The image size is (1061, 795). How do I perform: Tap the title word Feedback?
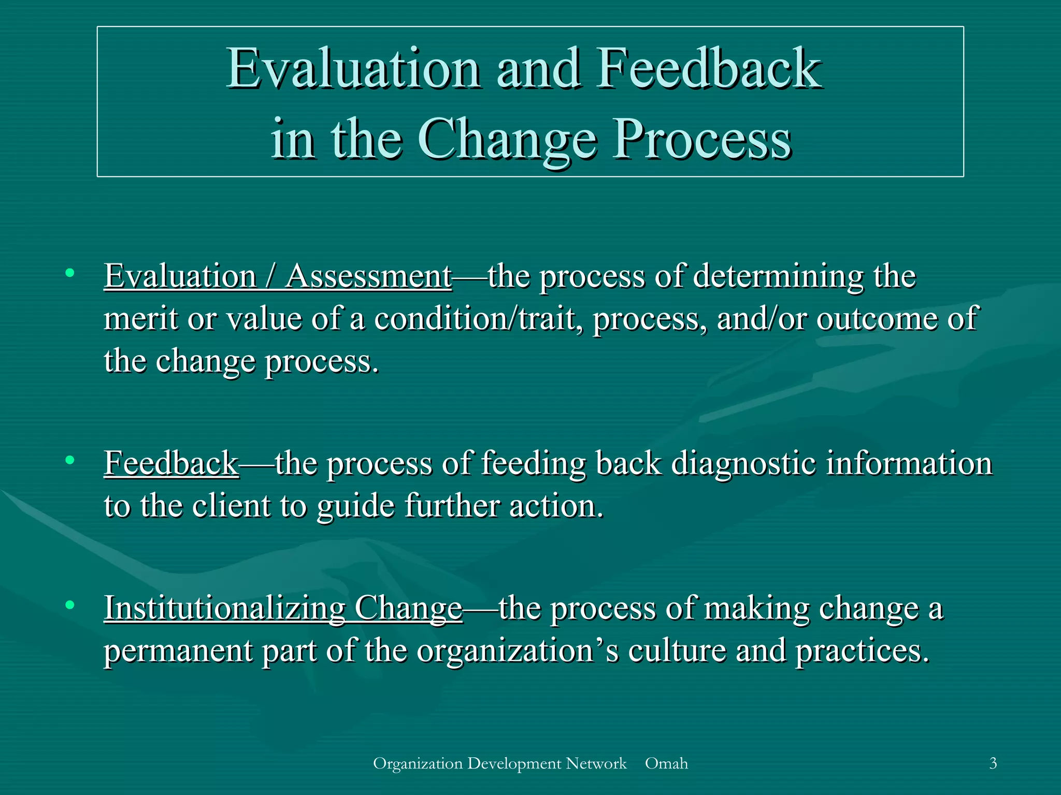[x=709, y=69]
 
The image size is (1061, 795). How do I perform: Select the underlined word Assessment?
[x=368, y=276]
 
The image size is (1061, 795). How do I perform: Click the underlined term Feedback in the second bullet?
[x=171, y=463]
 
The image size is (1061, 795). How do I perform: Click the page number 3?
[x=993, y=763]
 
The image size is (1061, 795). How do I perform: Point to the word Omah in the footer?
[x=666, y=763]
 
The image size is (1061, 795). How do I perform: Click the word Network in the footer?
[x=596, y=763]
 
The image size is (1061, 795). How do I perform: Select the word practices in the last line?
[x=862, y=651]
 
